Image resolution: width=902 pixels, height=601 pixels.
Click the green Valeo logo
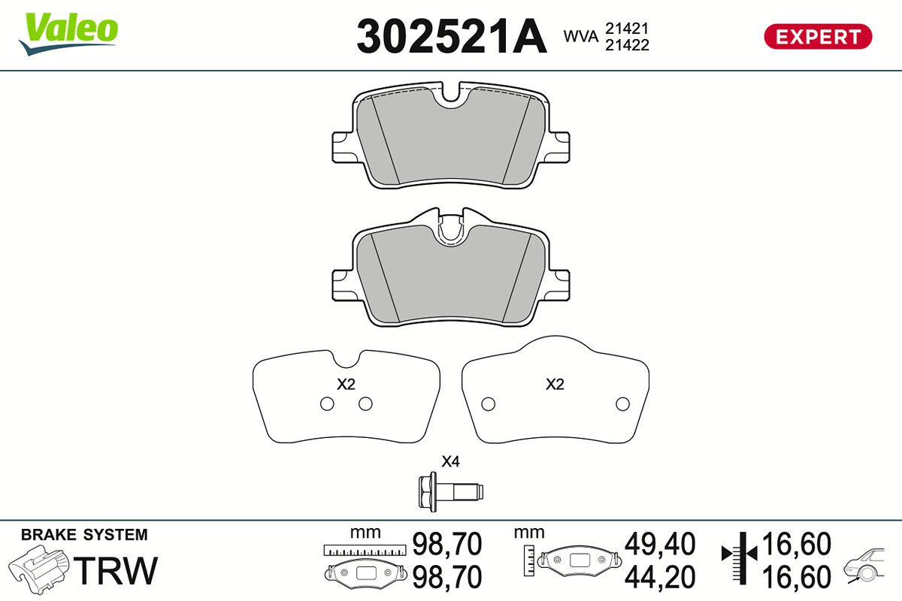tap(68, 34)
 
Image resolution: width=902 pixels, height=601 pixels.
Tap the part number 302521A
tap(452, 36)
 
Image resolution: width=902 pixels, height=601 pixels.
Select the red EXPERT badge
tap(818, 37)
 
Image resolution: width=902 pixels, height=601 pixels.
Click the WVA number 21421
tap(627, 29)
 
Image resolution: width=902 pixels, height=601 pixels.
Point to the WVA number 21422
tap(627, 45)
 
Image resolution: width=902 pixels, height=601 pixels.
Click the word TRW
tap(116, 570)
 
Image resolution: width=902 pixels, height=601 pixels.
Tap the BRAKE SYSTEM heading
tap(84, 535)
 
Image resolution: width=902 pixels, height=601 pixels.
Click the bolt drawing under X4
tap(450, 491)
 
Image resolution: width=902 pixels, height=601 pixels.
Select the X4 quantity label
tap(450, 461)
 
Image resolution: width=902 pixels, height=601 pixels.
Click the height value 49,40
tap(660, 544)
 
